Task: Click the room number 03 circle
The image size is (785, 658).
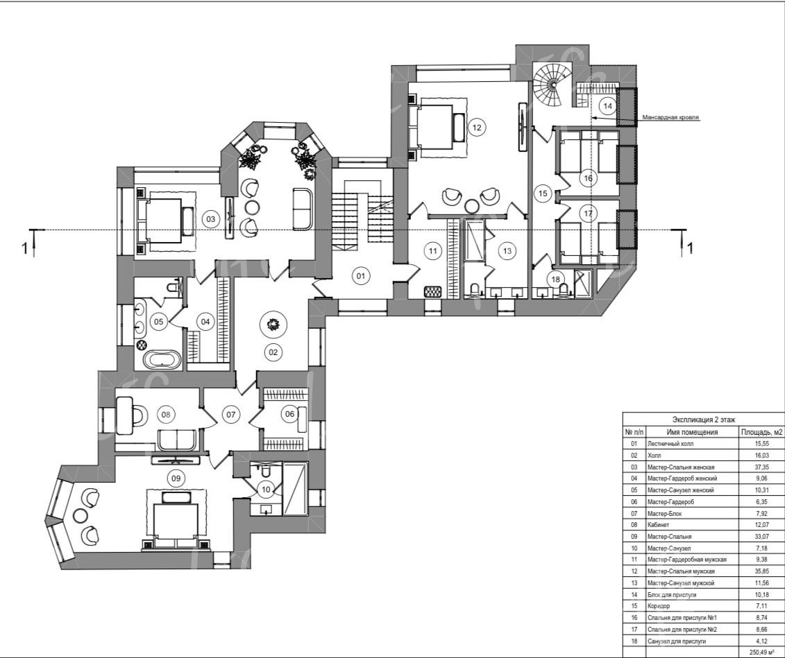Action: (x=211, y=219)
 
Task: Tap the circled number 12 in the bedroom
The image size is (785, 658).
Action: (x=477, y=128)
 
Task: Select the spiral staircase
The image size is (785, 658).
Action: (x=553, y=85)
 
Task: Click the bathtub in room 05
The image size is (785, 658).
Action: (x=162, y=359)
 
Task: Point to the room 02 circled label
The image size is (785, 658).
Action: (x=273, y=352)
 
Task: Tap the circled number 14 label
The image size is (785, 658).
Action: (x=608, y=106)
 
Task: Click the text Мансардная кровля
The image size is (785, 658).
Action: (x=670, y=117)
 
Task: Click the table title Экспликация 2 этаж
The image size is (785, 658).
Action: (x=703, y=419)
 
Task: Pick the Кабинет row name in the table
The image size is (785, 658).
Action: (x=658, y=525)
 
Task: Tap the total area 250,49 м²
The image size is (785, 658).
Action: (x=761, y=652)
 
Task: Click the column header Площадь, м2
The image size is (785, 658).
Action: (x=761, y=432)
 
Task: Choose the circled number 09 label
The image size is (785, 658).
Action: (x=176, y=478)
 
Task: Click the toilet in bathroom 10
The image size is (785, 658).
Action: (x=265, y=471)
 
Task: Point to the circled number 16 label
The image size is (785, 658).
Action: (x=589, y=178)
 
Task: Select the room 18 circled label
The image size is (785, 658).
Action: (x=556, y=279)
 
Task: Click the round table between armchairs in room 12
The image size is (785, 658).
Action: (x=471, y=205)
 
